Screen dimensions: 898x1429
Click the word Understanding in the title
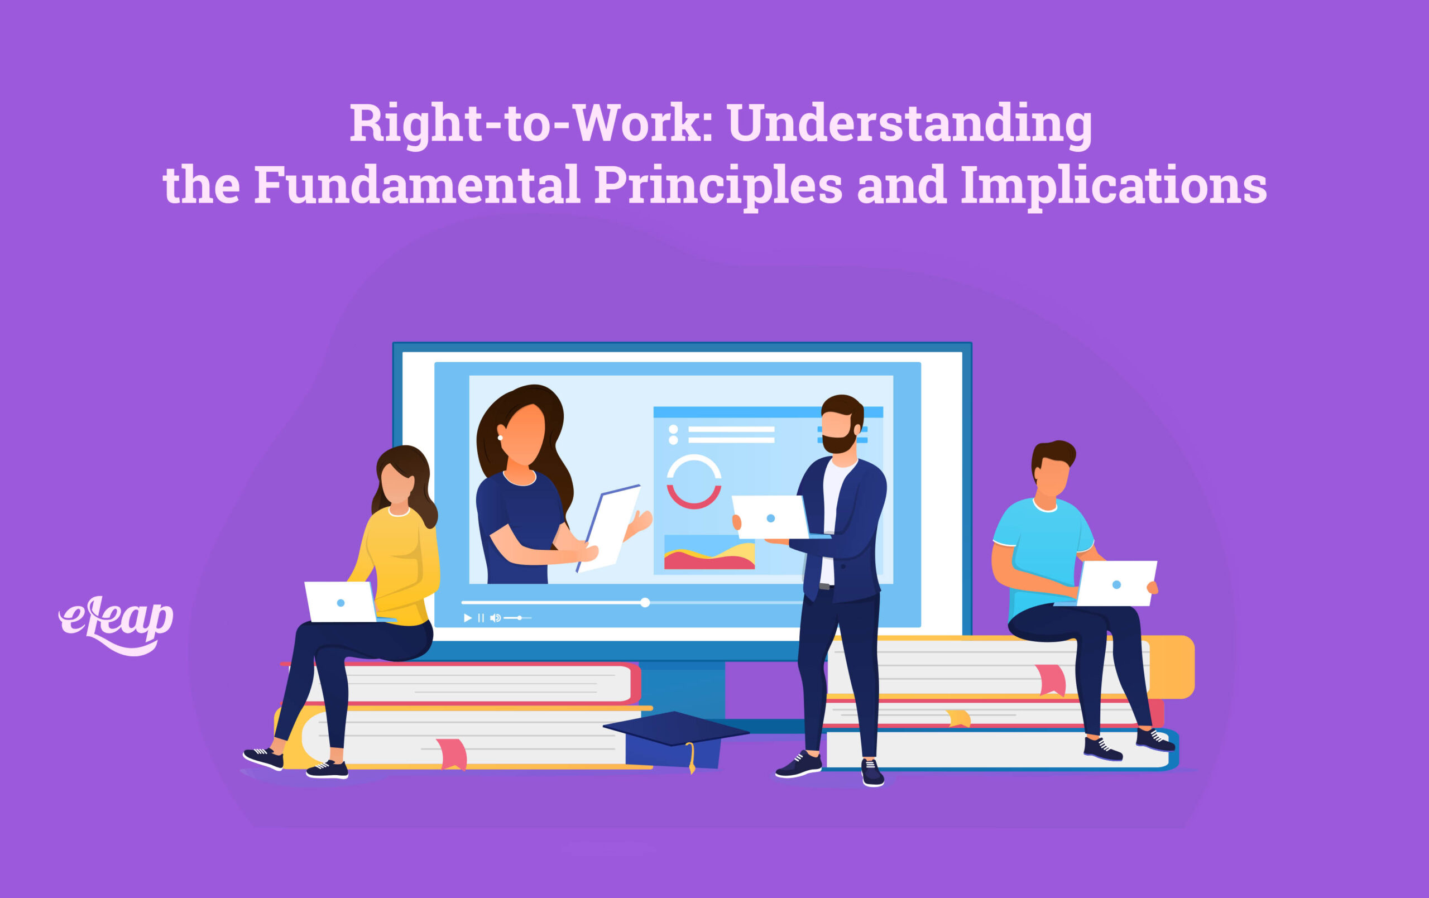(x=909, y=123)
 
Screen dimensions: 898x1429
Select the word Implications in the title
(x=1113, y=185)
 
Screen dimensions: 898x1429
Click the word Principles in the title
(x=717, y=185)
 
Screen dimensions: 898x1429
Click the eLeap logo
(x=116, y=623)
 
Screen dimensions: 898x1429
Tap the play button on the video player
(x=468, y=618)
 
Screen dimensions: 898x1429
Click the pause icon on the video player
(x=481, y=618)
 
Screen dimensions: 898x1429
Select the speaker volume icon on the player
(x=495, y=618)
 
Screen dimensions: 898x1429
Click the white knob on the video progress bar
(x=645, y=602)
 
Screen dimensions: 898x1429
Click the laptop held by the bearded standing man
(x=770, y=517)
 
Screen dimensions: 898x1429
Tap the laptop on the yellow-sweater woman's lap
(x=341, y=602)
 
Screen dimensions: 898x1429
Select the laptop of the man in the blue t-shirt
(x=1116, y=584)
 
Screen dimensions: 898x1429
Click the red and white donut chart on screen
(x=694, y=481)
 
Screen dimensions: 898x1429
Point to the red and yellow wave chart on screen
(x=709, y=554)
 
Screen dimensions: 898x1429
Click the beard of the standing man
(x=838, y=443)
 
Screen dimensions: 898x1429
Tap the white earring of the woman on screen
(x=500, y=438)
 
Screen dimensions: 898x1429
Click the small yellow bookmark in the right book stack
(x=958, y=719)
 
